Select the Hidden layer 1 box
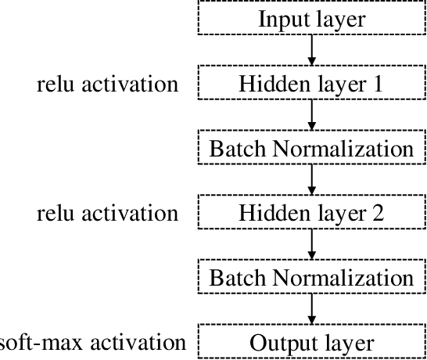coord(311,84)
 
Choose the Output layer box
coord(311,343)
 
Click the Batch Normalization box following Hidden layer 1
coord(311,149)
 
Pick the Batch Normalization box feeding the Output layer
coord(311,279)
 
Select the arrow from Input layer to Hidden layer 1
coord(312,51)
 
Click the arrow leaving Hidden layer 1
coord(312,116)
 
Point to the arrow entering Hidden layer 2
coord(312,181)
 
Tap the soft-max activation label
coord(92,343)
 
